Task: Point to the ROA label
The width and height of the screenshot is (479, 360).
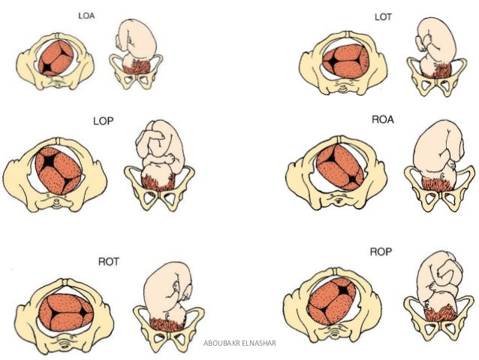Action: [x=382, y=120]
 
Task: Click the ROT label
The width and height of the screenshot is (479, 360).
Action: [x=108, y=262]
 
